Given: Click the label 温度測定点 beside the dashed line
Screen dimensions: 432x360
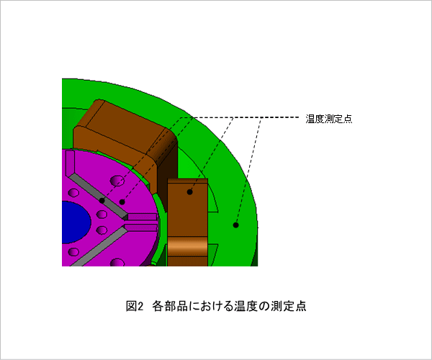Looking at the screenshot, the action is pyautogui.click(x=329, y=119).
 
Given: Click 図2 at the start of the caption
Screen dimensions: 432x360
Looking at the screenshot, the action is pyautogui.click(x=135, y=306).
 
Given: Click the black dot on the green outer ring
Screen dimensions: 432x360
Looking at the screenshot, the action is pyautogui.click(x=235, y=225).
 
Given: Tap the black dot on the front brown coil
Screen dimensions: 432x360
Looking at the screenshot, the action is pyautogui.click(x=189, y=192).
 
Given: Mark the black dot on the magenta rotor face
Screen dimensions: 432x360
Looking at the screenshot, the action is pyautogui.click(x=122, y=202).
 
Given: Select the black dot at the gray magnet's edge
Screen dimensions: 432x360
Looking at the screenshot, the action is pyautogui.click(x=102, y=201).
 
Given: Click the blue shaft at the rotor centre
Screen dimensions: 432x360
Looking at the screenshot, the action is pyautogui.click(x=75, y=222).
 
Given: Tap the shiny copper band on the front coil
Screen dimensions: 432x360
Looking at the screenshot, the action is pyautogui.click(x=188, y=246).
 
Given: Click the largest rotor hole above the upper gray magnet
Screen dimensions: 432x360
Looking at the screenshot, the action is pyautogui.click(x=117, y=181).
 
